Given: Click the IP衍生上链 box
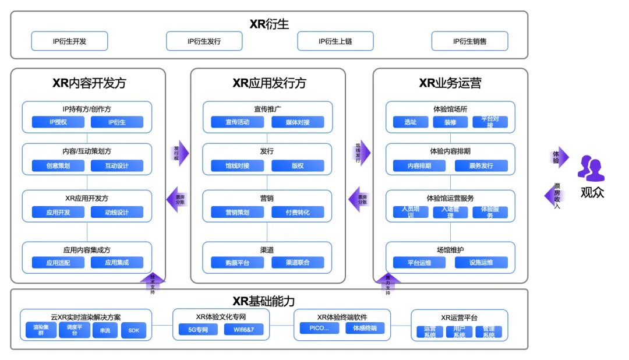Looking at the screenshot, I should (x=335, y=41).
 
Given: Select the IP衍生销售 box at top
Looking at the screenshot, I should (x=469, y=41).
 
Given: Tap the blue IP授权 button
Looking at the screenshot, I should (x=58, y=122).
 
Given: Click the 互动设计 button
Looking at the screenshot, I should (x=116, y=166).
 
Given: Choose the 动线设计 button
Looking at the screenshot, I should (x=116, y=213).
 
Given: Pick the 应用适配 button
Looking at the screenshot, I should (x=58, y=263).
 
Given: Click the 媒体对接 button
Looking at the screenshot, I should (x=298, y=122).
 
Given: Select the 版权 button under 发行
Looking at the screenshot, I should (x=298, y=166).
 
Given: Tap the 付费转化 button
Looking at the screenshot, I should (x=298, y=213).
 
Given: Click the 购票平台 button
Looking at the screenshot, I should (x=237, y=263).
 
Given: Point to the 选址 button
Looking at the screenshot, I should (x=410, y=122).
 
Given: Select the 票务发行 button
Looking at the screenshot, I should (x=481, y=166).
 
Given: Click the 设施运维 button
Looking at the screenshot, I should (x=481, y=263).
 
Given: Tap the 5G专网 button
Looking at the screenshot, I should (x=198, y=330).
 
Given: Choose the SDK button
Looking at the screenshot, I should (x=134, y=330).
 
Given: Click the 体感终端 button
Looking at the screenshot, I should (x=365, y=329).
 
